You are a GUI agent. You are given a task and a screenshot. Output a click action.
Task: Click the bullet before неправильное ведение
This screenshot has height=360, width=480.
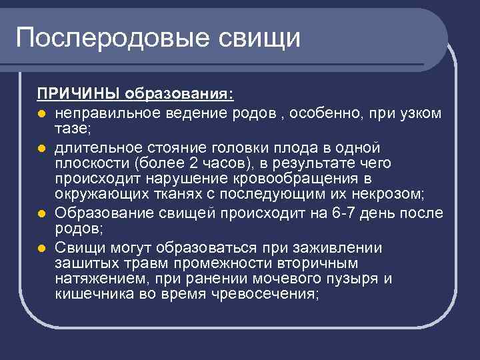coord(41,113)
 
